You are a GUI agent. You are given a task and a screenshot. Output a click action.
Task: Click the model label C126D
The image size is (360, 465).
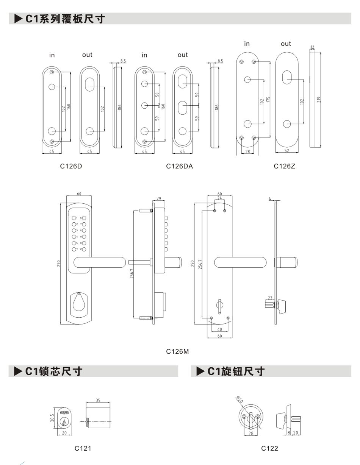point(71,166)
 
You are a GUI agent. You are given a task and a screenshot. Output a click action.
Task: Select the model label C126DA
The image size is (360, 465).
point(179,166)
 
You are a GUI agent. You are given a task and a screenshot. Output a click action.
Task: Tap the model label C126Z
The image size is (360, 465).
point(284,166)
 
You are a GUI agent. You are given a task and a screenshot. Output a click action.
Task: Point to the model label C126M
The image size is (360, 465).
point(177,351)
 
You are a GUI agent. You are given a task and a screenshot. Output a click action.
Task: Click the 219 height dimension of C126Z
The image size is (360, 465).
point(319,100)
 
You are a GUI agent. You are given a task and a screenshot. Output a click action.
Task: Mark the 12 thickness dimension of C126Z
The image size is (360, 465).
point(312,47)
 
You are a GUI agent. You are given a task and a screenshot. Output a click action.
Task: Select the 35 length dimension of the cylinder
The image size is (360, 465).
point(98,400)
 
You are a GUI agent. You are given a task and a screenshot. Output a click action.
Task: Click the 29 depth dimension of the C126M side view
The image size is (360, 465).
point(159,198)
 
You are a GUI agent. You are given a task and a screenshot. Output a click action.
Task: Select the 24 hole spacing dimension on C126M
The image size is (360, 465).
point(219,198)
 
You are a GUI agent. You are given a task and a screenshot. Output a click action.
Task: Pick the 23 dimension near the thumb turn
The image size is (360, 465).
point(270,298)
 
